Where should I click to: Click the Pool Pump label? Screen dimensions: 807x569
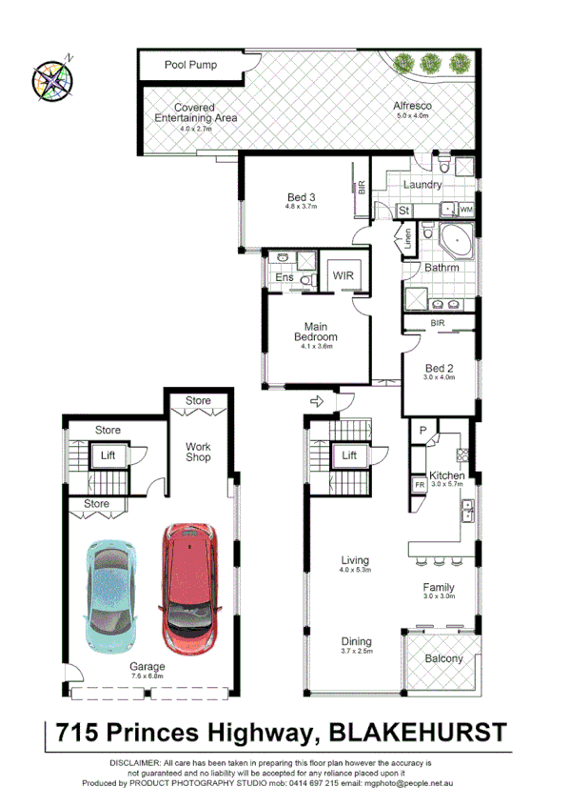[x=190, y=66]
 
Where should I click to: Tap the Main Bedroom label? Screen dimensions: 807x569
[x=314, y=331]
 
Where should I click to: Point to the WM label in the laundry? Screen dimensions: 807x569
[x=466, y=209]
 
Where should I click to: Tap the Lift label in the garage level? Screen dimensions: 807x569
[x=108, y=456]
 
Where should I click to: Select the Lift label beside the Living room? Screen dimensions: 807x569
[x=350, y=456]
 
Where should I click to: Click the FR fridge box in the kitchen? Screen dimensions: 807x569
[x=419, y=485]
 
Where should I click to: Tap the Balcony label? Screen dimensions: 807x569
[x=443, y=658]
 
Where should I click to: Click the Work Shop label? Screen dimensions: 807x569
[x=198, y=452]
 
